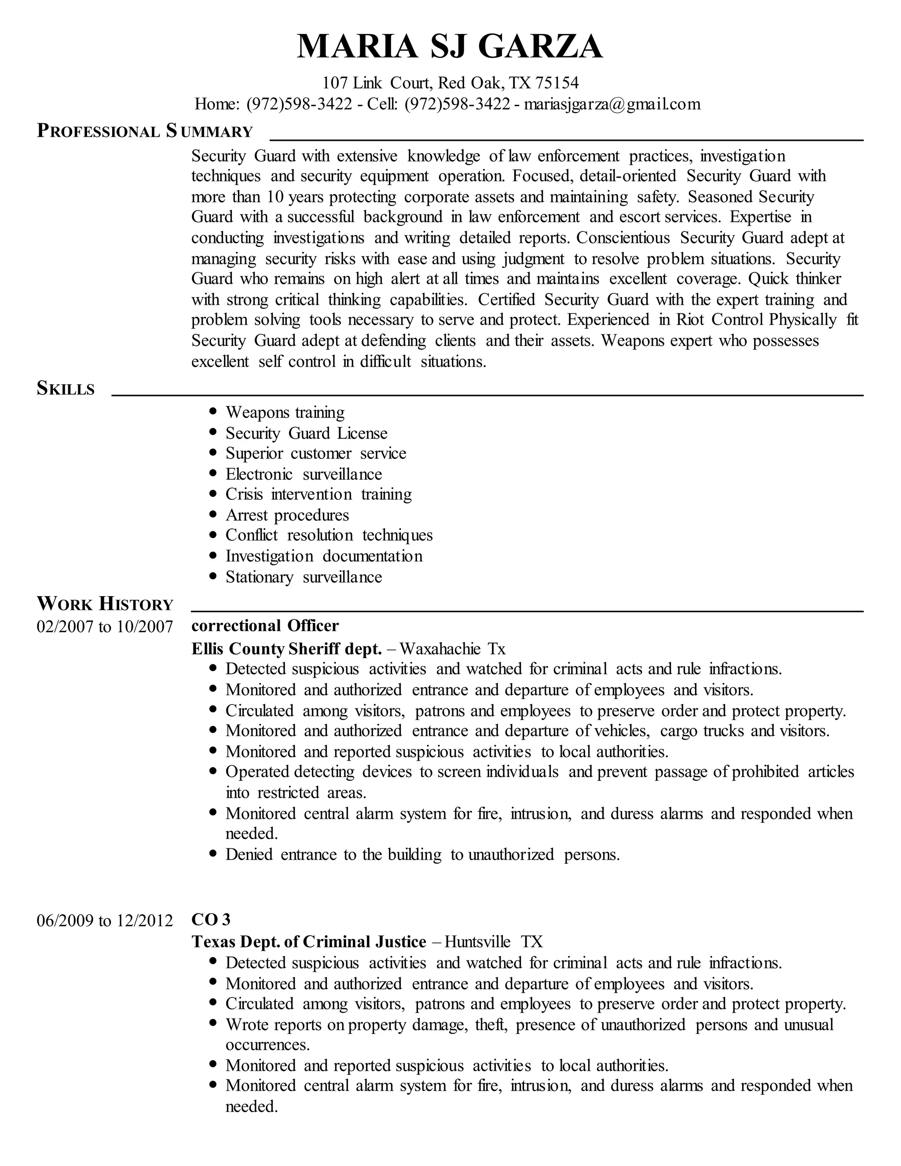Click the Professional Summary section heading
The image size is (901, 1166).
pos(145,131)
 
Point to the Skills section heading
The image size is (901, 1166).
pos(66,388)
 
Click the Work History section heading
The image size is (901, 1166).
pos(105,604)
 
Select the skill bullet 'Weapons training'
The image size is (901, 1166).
pos(285,412)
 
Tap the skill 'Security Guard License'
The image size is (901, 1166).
pos(306,433)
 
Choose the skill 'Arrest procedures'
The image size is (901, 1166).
pos(287,515)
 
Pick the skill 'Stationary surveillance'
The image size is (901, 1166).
pos(303,577)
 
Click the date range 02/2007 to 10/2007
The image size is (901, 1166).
pos(105,626)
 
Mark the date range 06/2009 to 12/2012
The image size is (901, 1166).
pos(105,920)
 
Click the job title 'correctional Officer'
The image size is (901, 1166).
pos(265,626)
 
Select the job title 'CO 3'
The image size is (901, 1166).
pos(211,919)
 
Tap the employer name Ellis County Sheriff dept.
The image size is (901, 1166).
pos(287,649)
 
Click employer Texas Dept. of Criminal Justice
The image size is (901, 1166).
pos(308,941)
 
